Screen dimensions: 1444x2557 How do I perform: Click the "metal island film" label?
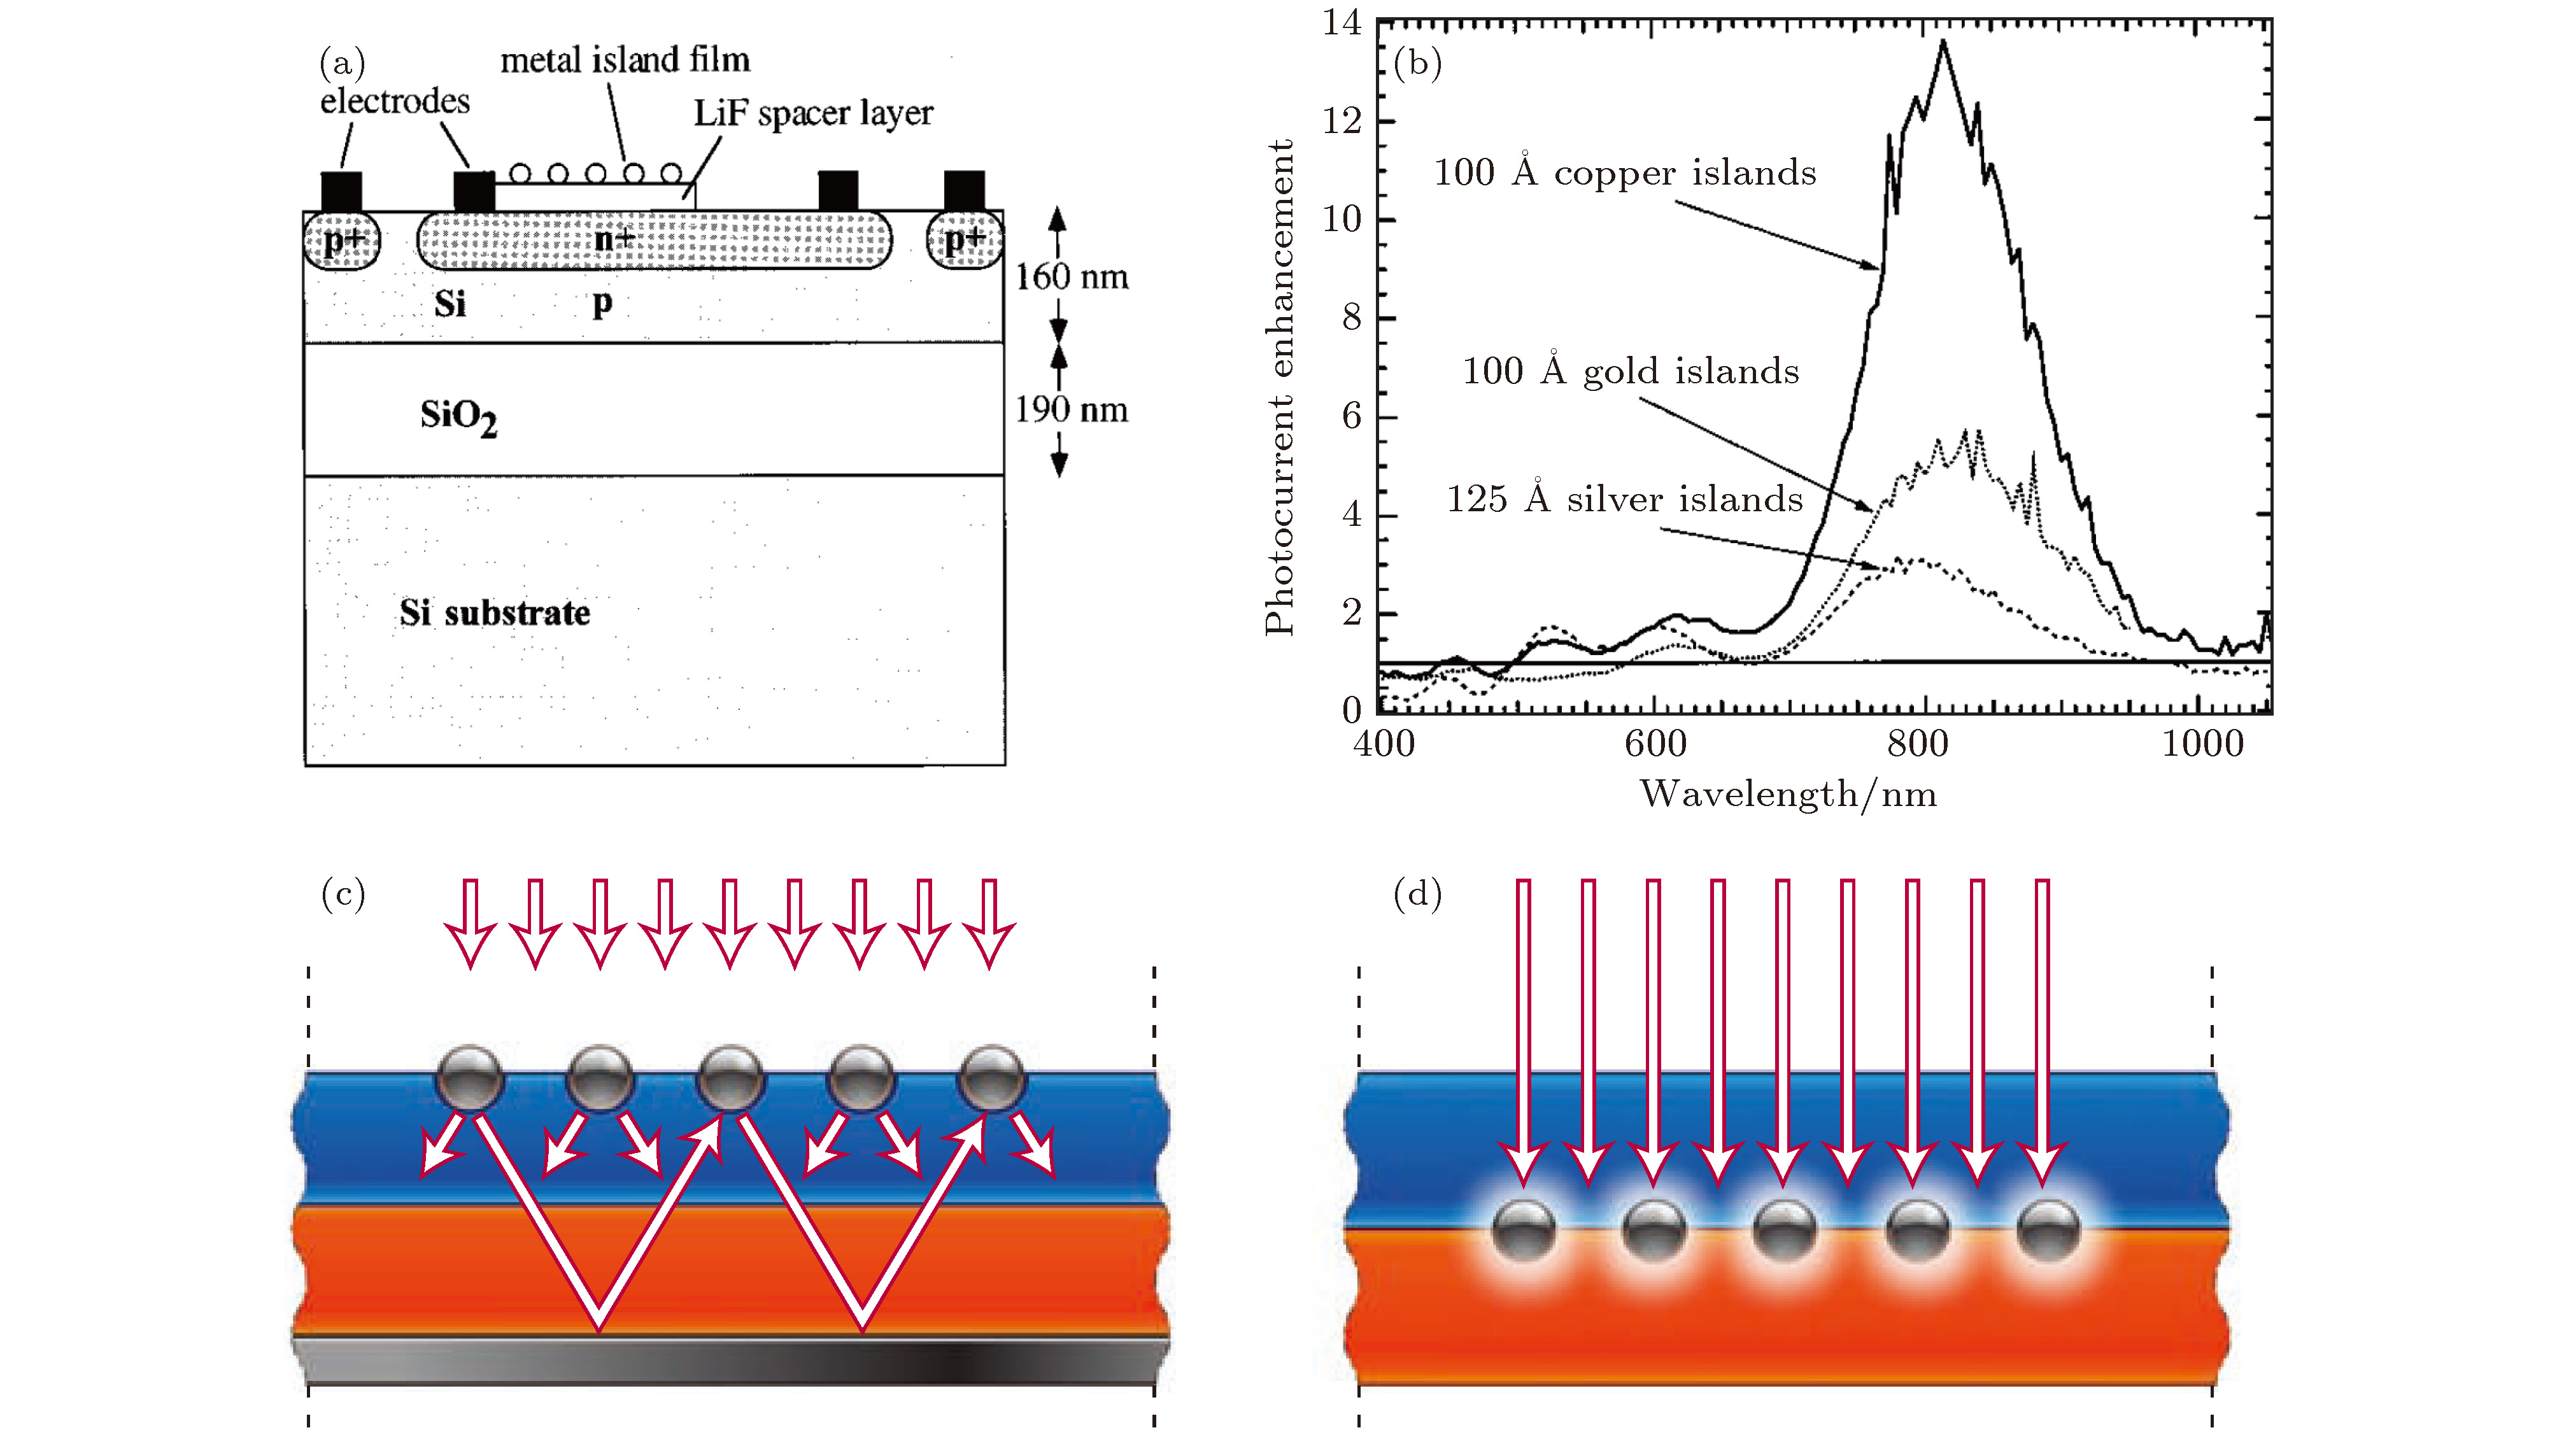pos(625,60)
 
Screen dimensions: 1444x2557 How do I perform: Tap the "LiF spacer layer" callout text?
pos(813,113)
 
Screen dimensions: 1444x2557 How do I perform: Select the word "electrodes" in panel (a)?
pos(394,101)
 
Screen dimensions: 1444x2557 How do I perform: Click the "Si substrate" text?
pos(494,613)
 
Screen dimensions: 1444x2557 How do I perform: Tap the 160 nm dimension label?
pos(1071,277)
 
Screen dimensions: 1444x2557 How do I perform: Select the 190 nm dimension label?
pos(1071,410)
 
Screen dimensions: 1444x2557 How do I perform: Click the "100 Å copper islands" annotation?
pos(1625,173)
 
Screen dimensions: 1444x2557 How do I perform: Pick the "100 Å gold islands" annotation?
pos(1630,371)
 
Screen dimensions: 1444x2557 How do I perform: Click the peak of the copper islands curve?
pos(1943,43)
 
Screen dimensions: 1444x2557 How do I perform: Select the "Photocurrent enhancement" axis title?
pos(1280,387)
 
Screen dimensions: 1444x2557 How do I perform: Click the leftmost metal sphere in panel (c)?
pos(471,1077)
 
